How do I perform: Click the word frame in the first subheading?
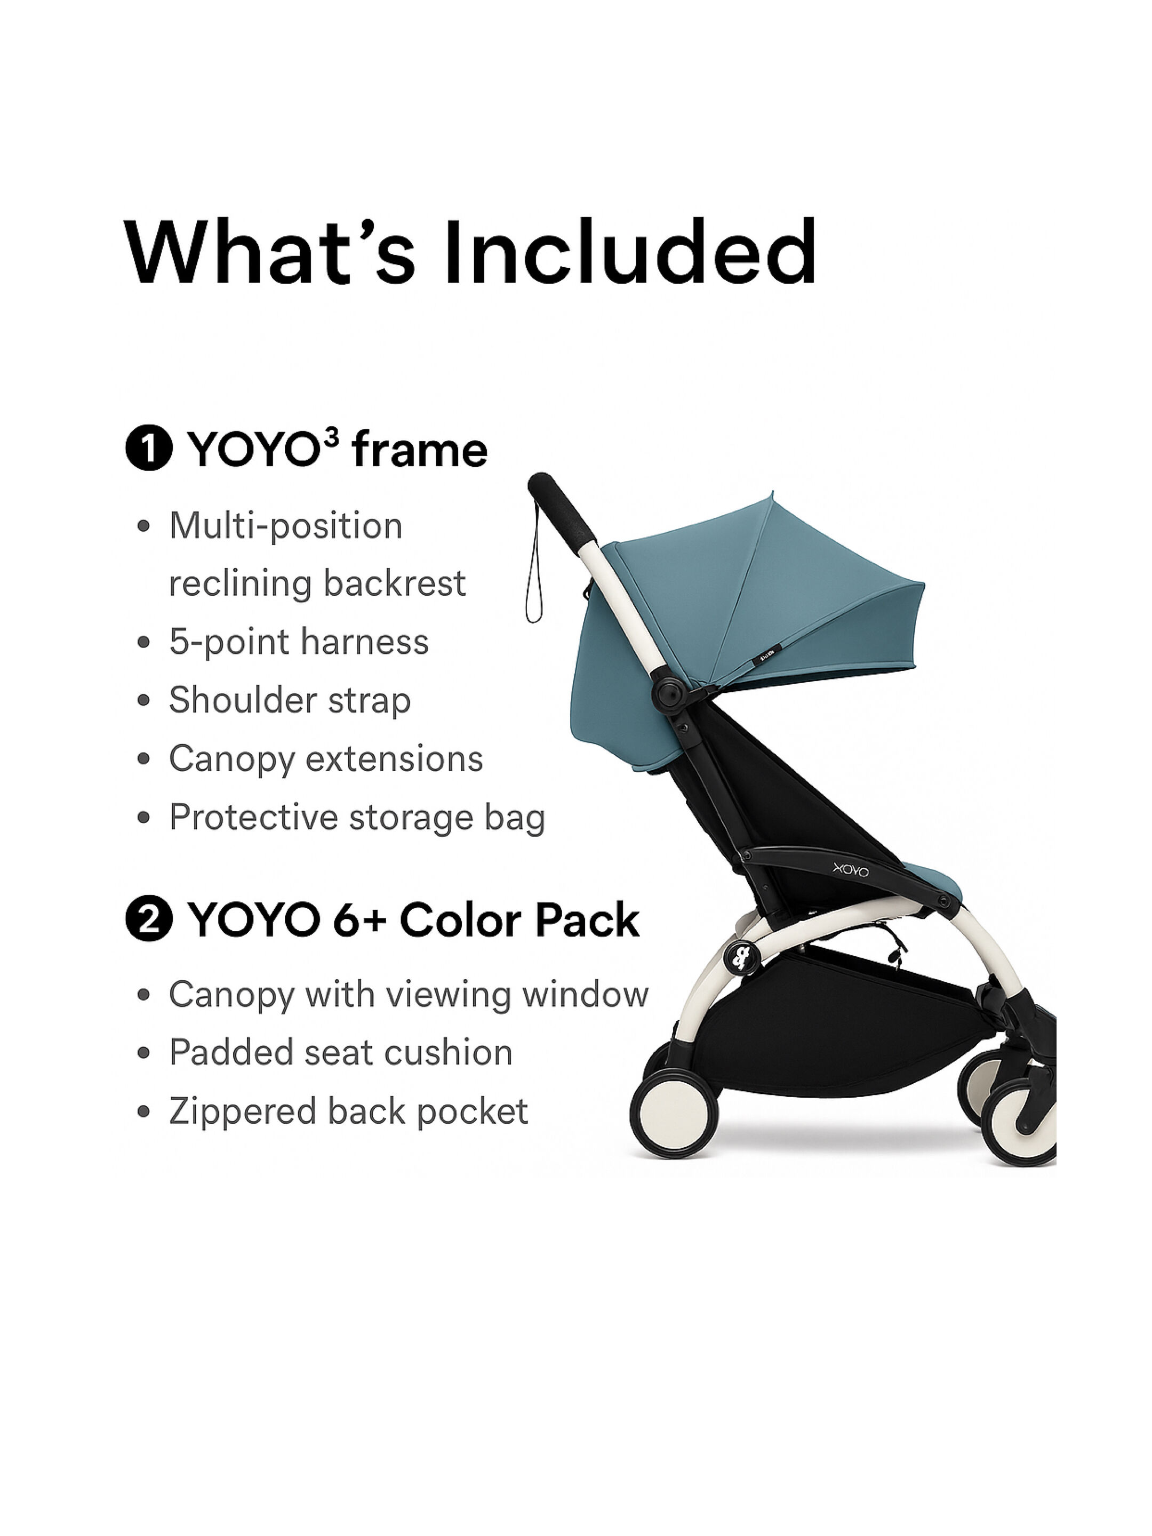point(419,451)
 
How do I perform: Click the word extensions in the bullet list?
point(395,758)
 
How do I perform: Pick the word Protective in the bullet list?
point(253,817)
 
